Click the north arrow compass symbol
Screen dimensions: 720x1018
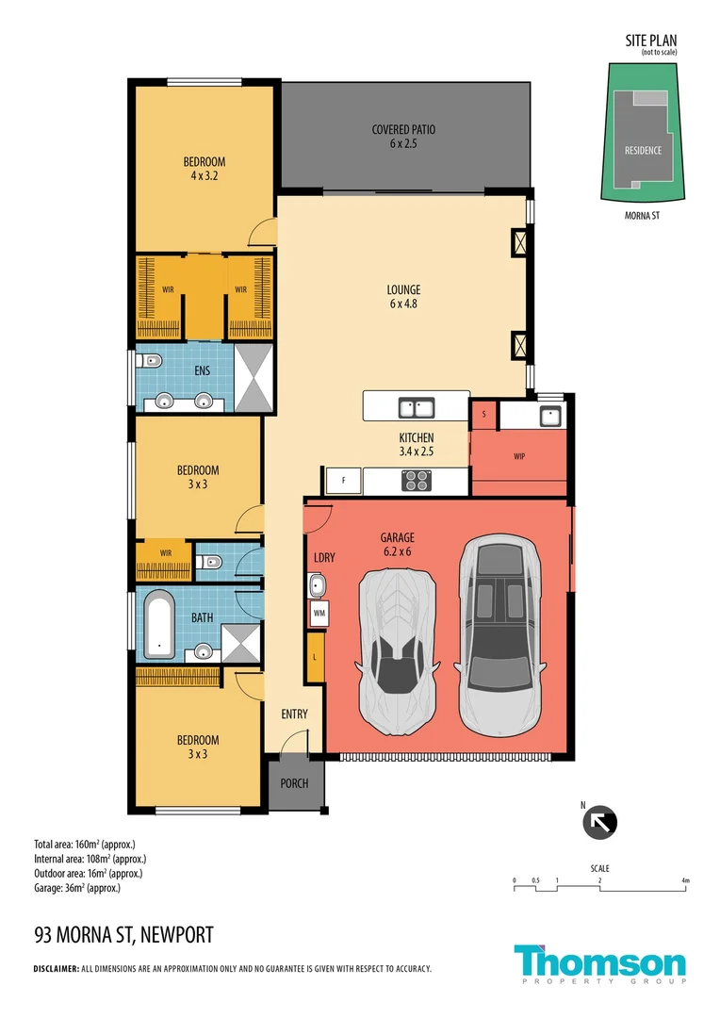[x=599, y=823]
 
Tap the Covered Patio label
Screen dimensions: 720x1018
[x=403, y=137]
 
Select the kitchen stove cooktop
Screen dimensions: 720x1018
[x=417, y=481]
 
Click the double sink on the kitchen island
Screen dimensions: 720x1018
[x=417, y=408]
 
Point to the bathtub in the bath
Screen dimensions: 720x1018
[x=159, y=623]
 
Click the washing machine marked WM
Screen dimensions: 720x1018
[x=319, y=613]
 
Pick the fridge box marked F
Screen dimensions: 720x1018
[x=343, y=481]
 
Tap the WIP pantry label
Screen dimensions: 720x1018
[x=519, y=456]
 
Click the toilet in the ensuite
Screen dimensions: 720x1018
[x=150, y=360]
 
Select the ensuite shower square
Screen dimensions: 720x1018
[x=254, y=378]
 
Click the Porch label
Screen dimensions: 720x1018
[x=294, y=783]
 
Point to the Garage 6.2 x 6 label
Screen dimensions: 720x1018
[x=397, y=544]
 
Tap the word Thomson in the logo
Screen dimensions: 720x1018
[x=600, y=961]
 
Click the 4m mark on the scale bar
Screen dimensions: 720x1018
[x=685, y=885]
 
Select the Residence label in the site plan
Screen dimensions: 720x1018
[x=643, y=151]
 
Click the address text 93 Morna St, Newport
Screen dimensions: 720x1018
[x=124, y=935]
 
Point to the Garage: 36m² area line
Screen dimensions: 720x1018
[x=77, y=888]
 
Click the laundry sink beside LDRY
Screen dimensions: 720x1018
[x=317, y=585]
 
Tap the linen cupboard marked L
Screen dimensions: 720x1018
[x=315, y=657]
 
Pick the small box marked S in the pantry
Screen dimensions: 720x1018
[x=483, y=414]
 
